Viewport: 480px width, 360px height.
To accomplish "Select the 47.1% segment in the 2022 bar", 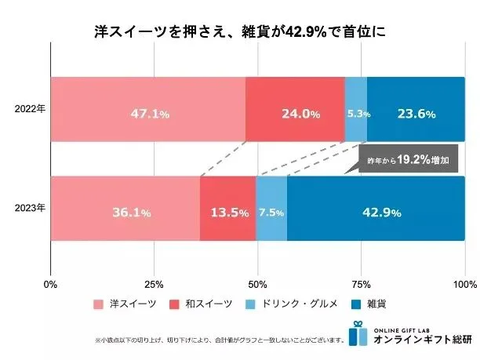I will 147,110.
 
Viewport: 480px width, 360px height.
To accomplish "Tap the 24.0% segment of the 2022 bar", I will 295,110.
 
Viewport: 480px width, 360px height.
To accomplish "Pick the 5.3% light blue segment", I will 356,110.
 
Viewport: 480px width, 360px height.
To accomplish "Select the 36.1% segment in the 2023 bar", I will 125,209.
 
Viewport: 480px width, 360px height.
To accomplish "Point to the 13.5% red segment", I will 228,209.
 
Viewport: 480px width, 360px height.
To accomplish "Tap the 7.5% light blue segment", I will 271,209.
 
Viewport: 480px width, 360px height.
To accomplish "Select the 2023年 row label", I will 31,209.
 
